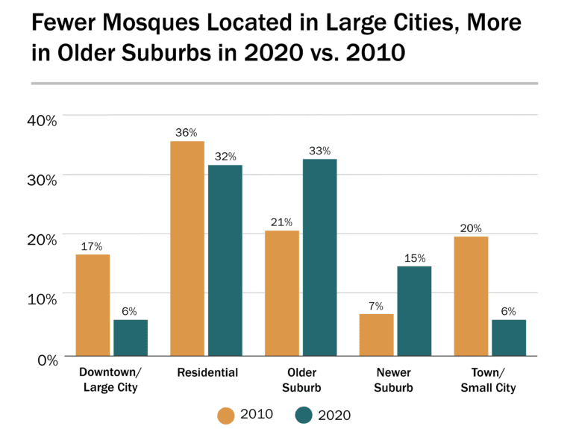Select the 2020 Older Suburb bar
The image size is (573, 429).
[x=319, y=257]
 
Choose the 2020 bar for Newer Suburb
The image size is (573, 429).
[x=414, y=310]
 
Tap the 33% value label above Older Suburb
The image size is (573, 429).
[x=319, y=151]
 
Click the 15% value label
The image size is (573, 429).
[x=414, y=258]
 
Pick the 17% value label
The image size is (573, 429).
[x=93, y=246]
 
